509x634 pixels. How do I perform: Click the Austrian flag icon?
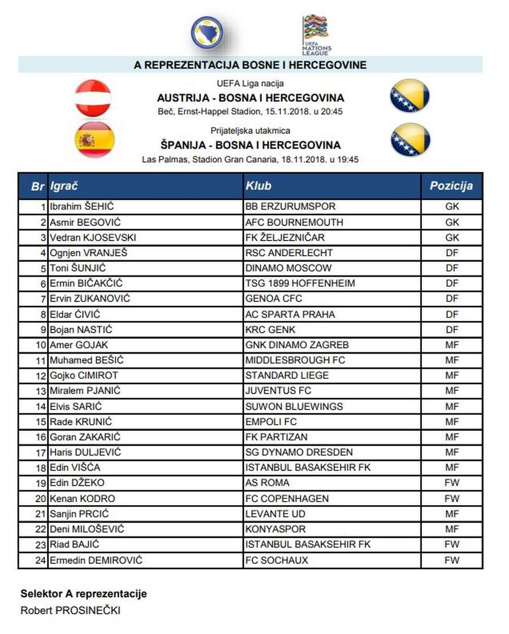click(93, 98)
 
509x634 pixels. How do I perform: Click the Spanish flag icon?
click(95, 140)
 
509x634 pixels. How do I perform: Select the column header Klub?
click(258, 186)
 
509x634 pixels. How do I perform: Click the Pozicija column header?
click(451, 186)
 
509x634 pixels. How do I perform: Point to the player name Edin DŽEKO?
click(77, 482)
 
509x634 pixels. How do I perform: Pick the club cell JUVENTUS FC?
click(278, 390)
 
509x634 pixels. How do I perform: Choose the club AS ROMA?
click(268, 482)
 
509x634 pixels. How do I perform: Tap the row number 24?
click(40, 560)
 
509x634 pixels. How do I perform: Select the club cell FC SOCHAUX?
click(277, 560)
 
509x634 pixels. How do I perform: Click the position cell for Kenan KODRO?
click(452, 498)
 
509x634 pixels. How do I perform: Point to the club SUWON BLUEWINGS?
click(294, 406)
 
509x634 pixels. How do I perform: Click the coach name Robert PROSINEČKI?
click(70, 610)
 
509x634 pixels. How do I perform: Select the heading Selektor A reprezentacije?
click(84, 594)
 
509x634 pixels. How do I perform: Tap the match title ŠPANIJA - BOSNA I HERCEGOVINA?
click(251, 145)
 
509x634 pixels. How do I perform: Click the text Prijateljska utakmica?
click(250, 131)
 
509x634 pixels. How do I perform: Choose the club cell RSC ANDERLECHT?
click(289, 253)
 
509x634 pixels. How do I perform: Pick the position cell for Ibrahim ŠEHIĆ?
click(452, 206)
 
